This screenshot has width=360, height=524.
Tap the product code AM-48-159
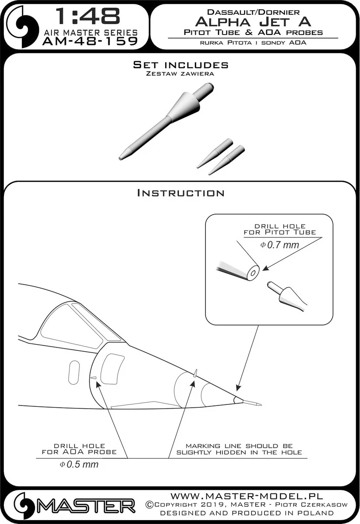click(90, 41)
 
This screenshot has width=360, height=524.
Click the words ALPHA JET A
click(253, 22)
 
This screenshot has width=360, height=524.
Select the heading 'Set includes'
click(181, 65)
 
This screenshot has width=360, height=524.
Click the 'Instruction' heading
click(181, 193)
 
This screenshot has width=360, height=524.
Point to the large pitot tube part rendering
click(166, 121)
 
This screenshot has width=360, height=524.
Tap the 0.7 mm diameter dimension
click(280, 245)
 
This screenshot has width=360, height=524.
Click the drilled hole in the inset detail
click(253, 273)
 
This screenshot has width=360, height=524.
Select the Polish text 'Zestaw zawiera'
click(180, 73)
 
